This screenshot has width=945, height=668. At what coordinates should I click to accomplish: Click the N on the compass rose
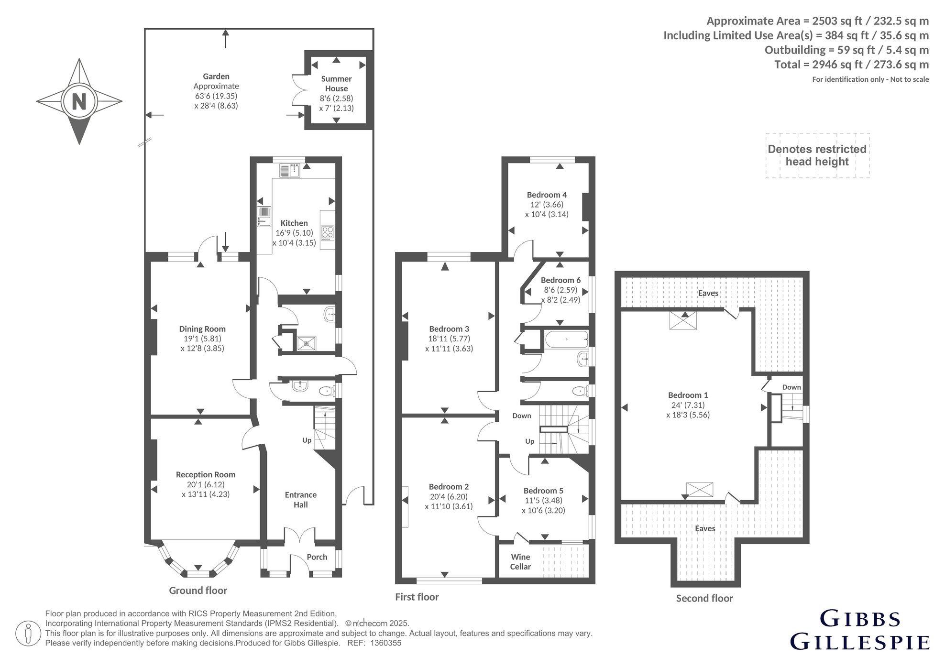pos(79,101)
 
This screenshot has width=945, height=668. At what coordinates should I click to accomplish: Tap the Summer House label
pos(336,84)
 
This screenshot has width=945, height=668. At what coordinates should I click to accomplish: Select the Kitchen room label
pos(294,223)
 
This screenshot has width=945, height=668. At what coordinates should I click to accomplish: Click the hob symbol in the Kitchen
pos(328,233)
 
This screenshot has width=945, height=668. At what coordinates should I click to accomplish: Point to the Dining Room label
pos(202,329)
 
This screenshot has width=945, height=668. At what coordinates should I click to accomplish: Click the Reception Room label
pos(206,475)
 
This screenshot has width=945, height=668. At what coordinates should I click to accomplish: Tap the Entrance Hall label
pos(301,500)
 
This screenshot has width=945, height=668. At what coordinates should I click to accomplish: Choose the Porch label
pos(317,557)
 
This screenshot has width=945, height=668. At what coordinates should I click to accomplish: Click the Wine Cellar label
pos(520,562)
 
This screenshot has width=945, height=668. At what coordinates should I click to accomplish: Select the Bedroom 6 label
pos(560,280)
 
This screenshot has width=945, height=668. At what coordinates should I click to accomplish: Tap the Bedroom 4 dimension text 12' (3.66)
pos(547,205)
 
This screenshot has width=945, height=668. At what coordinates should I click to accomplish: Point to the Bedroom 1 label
pos(688,395)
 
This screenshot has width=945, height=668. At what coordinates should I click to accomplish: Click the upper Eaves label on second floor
pos(708,293)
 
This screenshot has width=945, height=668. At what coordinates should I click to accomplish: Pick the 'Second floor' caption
pos(704,598)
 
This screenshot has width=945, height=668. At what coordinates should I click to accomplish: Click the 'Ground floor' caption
pos(198,591)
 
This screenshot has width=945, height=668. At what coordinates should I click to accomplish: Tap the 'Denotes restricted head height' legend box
pos(817,155)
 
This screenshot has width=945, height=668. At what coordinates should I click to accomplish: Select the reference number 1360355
pos(386,643)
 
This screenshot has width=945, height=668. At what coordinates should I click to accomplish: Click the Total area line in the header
pos(852,65)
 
